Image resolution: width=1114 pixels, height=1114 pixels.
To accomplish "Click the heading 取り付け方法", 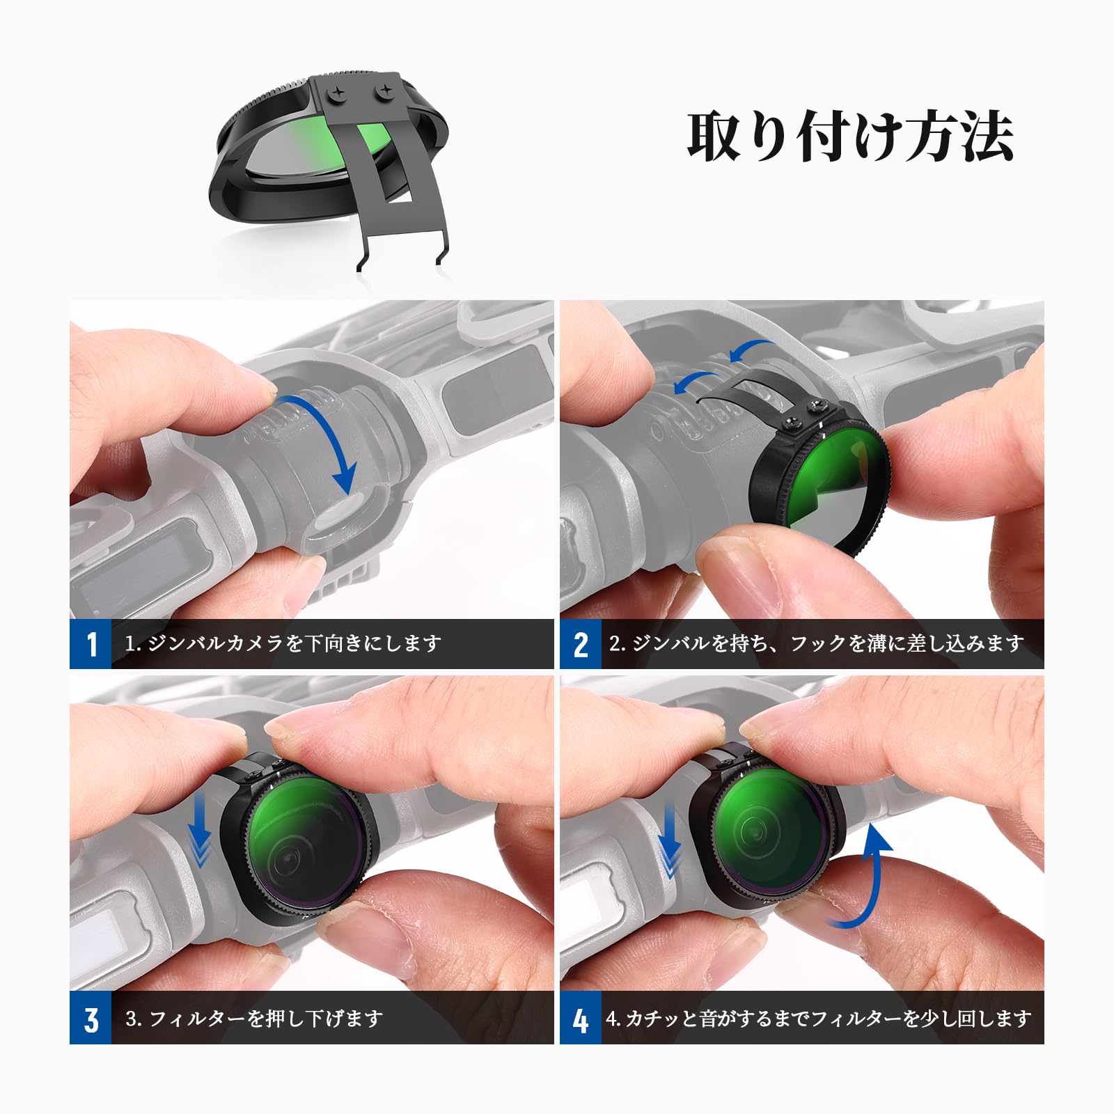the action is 850,136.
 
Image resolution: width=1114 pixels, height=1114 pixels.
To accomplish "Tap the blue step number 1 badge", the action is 91,644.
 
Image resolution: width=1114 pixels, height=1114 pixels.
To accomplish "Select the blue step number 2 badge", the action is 581,644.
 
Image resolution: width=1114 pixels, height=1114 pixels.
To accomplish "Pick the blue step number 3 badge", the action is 91,1019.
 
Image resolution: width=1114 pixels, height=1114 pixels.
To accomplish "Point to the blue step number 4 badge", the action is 581,1019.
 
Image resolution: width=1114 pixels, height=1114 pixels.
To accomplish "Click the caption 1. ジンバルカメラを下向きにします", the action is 283,643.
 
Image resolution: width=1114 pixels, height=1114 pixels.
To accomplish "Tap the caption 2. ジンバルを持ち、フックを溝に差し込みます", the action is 816,643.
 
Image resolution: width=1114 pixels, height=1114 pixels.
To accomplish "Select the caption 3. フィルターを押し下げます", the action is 254,1019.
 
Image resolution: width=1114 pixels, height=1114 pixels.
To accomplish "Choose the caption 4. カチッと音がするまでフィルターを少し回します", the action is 819,1019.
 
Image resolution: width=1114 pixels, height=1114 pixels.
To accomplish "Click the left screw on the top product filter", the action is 337,91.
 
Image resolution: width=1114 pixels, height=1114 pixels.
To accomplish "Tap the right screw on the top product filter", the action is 383,91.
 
